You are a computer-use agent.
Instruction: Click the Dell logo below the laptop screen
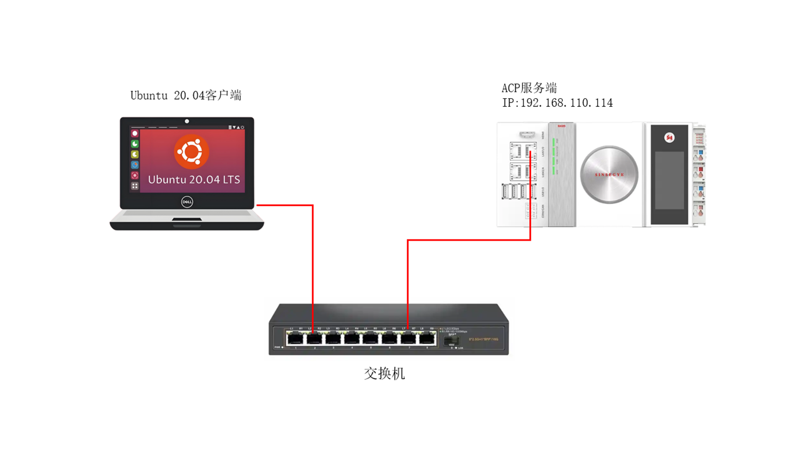click(x=187, y=202)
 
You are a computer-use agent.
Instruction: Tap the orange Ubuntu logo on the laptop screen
click(x=191, y=152)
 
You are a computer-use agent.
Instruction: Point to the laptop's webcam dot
click(x=187, y=121)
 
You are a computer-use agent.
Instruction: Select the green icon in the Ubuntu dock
click(x=135, y=144)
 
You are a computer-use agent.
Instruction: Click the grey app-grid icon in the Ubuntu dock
click(x=135, y=186)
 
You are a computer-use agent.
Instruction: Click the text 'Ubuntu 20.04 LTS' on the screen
click(x=194, y=180)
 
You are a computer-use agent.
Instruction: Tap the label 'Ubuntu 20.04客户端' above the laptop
click(x=186, y=95)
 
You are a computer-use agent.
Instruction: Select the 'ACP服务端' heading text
click(x=529, y=88)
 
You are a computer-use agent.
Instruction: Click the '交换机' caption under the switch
click(x=384, y=373)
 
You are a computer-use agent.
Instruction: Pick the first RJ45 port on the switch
click(x=295, y=338)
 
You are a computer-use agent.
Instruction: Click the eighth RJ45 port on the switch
click(x=427, y=338)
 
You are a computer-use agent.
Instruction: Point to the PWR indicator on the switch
click(x=282, y=347)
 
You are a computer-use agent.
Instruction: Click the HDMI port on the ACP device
click(x=527, y=134)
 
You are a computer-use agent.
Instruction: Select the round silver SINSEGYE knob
click(x=609, y=175)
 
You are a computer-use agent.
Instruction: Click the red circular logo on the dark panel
click(x=669, y=137)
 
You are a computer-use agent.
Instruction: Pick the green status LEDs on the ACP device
click(x=554, y=157)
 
